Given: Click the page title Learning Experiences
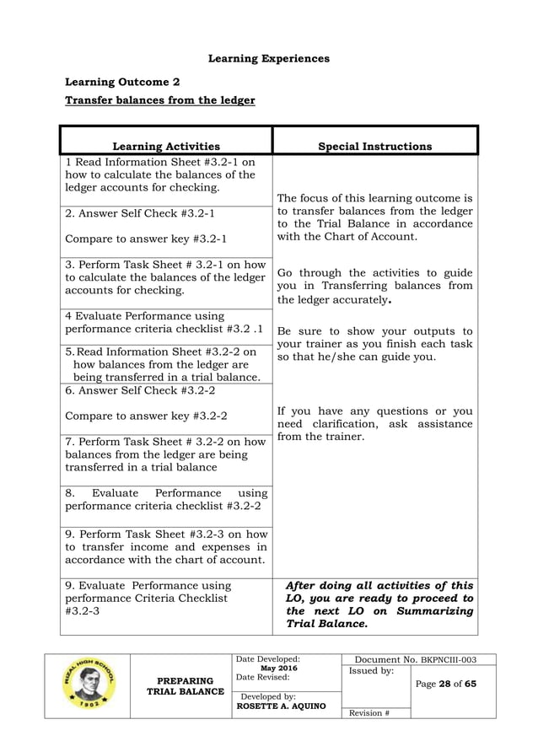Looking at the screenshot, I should tap(268, 59).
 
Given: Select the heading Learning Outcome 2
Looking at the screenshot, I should tap(122, 83).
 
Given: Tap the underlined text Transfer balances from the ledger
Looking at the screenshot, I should tap(160, 101).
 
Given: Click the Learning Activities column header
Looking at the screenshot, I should tap(166, 147).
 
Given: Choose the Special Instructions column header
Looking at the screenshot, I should tap(374, 147).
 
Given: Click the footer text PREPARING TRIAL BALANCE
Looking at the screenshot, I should tap(186, 686).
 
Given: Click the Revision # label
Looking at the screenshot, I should tap(369, 712).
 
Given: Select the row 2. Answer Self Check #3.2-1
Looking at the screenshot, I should tap(140, 213).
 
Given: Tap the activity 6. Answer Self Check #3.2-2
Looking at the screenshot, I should tap(140, 391).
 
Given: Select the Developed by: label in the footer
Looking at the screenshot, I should tap(268, 696).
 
